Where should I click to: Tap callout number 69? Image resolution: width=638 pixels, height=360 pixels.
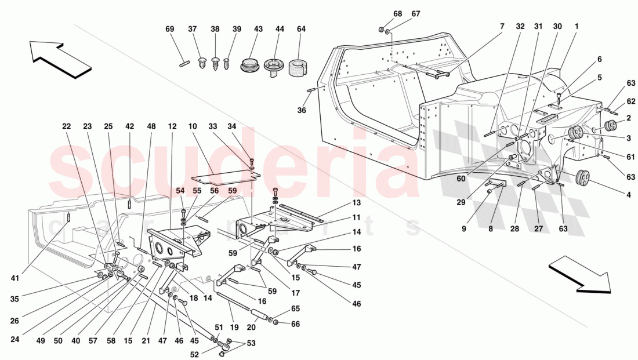pos(169,29)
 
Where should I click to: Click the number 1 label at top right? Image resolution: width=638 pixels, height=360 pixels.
pos(577,27)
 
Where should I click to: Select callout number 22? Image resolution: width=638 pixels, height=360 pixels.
pos(66,126)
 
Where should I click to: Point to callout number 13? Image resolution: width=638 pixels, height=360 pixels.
pos(356,203)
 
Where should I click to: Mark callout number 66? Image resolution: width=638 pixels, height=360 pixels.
pos(296,324)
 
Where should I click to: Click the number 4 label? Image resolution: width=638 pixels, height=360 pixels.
pos(628,195)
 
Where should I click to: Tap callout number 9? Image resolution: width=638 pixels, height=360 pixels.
pos(463,229)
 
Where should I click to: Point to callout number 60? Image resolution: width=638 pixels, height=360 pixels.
pos(461,179)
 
